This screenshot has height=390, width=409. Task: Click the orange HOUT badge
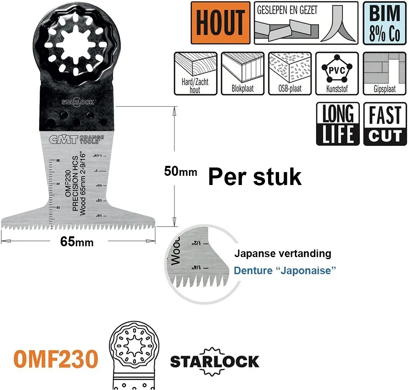tap(220, 23)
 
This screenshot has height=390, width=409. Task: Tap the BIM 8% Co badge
tap(384, 23)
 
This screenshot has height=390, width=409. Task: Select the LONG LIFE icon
tap(338, 124)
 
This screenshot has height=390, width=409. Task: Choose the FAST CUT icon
tap(385, 124)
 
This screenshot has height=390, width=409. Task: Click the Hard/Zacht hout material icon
tap(195, 73)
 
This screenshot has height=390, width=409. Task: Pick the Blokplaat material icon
tap(242, 73)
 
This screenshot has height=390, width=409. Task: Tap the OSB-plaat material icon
tap(289, 73)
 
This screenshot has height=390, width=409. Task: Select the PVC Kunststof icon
tap(337, 73)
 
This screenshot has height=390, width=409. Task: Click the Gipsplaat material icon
tap(384, 73)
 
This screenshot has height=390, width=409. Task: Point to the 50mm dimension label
tap(180, 171)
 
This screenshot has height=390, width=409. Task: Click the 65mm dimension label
tap(77, 242)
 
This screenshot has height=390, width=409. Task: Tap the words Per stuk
tap(254, 177)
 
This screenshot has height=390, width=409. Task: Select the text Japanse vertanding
tap(282, 253)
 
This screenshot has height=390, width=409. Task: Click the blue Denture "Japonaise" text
tap(285, 270)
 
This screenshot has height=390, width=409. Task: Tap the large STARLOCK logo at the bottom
tap(214, 361)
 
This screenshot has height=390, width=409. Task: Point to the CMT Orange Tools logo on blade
tap(74, 140)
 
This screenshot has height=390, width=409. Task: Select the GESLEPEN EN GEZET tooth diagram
tap(306, 23)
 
